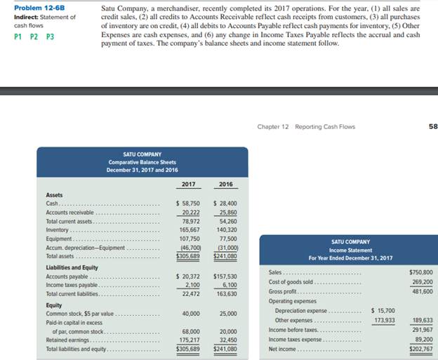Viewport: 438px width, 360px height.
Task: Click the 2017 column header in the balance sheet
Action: pos(188,184)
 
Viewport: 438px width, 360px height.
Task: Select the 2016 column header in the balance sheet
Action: pos(225,184)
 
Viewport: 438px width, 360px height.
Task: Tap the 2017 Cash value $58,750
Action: pos(187,204)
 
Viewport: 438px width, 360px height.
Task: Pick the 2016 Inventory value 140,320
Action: pos(225,229)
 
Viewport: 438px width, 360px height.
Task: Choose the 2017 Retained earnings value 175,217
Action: pos(189,340)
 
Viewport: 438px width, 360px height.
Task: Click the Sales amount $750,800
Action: pos(420,272)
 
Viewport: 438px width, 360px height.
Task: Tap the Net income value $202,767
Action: pos(420,348)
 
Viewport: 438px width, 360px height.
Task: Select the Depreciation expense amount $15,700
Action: pos(383,310)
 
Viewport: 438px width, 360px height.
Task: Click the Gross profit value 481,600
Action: pos(421,291)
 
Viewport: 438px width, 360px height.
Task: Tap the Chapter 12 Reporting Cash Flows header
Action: pos(306,126)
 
